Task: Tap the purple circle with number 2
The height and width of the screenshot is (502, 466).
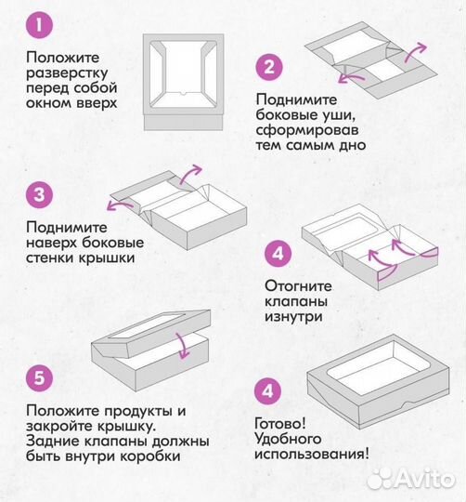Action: pos(270,67)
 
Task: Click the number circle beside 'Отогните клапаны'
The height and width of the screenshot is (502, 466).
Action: pos(278,253)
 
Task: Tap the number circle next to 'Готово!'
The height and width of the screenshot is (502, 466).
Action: pos(270,392)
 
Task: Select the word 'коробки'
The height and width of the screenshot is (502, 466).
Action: pos(147,456)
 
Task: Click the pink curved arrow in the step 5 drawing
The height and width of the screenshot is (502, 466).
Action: pos(183,347)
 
